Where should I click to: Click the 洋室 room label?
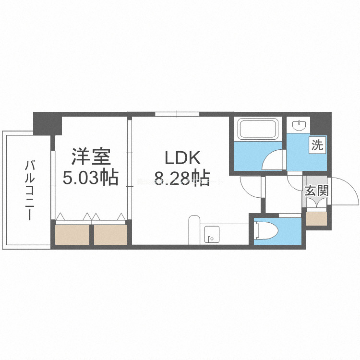(x=91, y=157)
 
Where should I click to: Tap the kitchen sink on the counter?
(x=211, y=235)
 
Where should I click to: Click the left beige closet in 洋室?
(x=72, y=234)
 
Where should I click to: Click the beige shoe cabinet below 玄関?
(x=316, y=219)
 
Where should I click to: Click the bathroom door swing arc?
(x=273, y=158)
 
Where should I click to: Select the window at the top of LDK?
(x=177, y=114)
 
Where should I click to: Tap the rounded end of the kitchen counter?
(x=194, y=226)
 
